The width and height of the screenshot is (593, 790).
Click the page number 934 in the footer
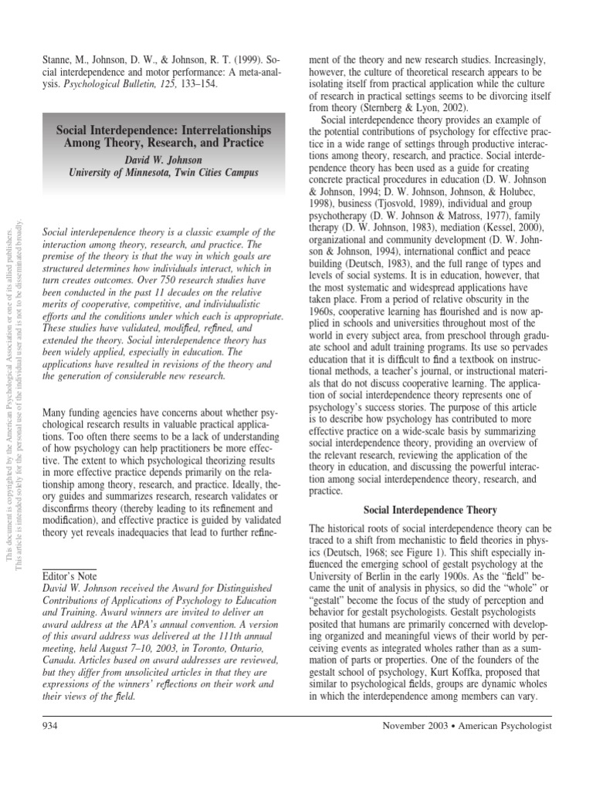coord(50,726)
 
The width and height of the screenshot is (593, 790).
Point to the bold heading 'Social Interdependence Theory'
coord(430,510)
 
